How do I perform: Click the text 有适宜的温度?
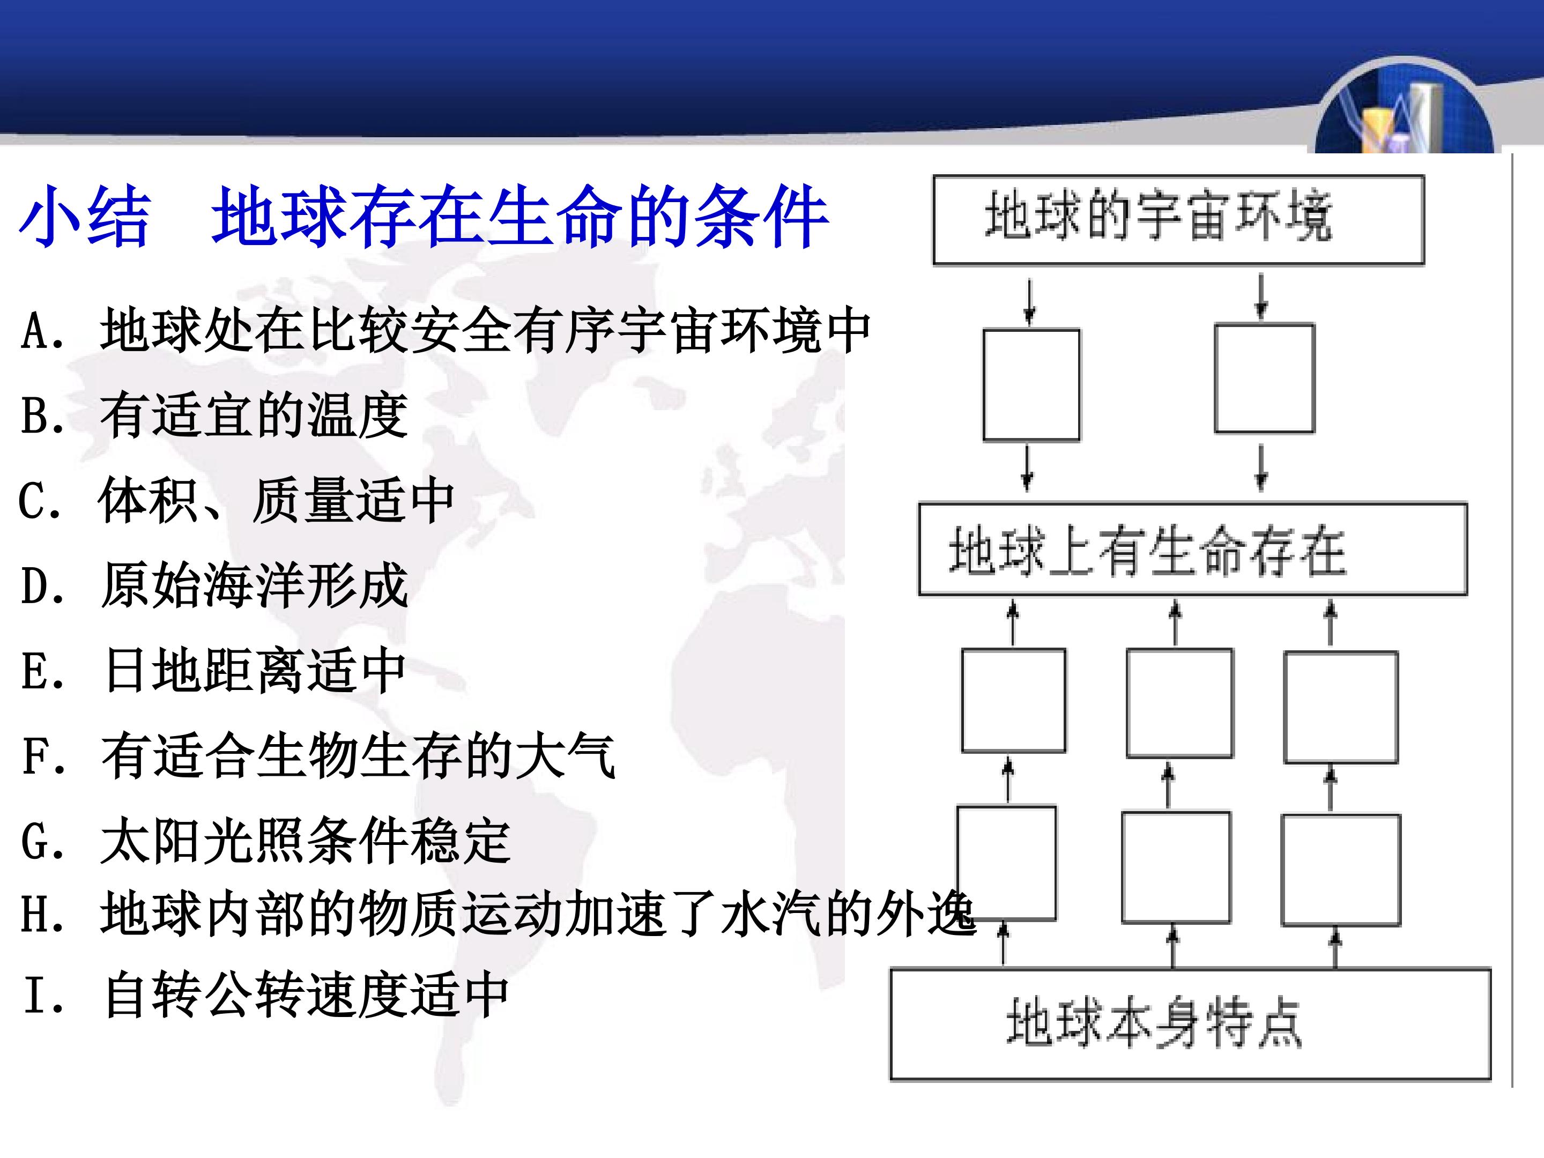(254, 415)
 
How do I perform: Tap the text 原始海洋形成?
(254, 585)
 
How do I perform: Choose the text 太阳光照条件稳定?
(306, 841)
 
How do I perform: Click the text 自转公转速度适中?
(306, 994)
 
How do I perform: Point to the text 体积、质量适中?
(277, 501)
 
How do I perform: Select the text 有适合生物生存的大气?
(358, 755)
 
